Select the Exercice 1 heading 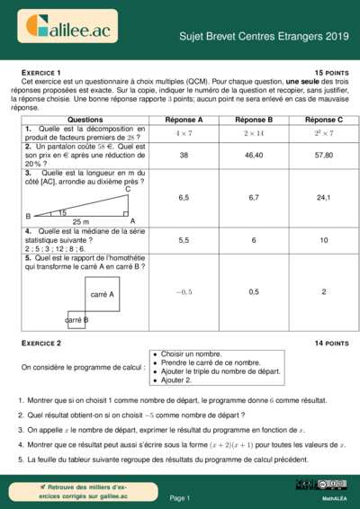pyautogui.click(x=40, y=71)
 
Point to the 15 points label pyautogui.click(x=331, y=71)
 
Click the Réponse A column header pyautogui.click(x=184, y=120)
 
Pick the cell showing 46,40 pyautogui.click(x=254, y=156)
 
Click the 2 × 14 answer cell pyautogui.click(x=254, y=133)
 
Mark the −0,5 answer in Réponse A pyautogui.click(x=184, y=291)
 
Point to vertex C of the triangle pyautogui.click(x=127, y=189)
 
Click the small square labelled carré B pyautogui.click(x=76, y=319)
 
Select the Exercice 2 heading pyautogui.click(x=40, y=344)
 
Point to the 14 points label pyautogui.click(x=331, y=344)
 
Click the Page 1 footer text pyautogui.click(x=180, y=497)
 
